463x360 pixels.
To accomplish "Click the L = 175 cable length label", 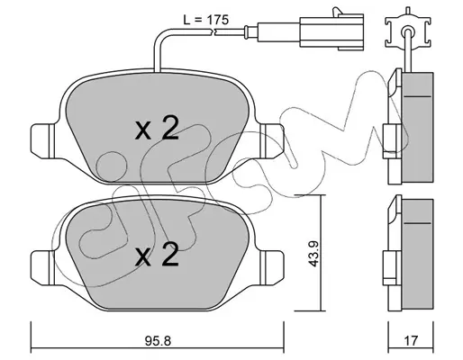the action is (206, 20).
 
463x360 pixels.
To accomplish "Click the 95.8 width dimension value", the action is (158, 340).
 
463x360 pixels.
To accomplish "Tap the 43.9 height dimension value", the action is (313, 253).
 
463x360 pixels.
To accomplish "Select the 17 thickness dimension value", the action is (411, 340).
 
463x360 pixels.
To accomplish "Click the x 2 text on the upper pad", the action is (157, 130).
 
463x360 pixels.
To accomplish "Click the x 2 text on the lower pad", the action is (157, 255).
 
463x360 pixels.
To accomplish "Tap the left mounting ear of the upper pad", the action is (42, 141).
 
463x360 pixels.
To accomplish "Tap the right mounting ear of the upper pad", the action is (272, 141).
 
